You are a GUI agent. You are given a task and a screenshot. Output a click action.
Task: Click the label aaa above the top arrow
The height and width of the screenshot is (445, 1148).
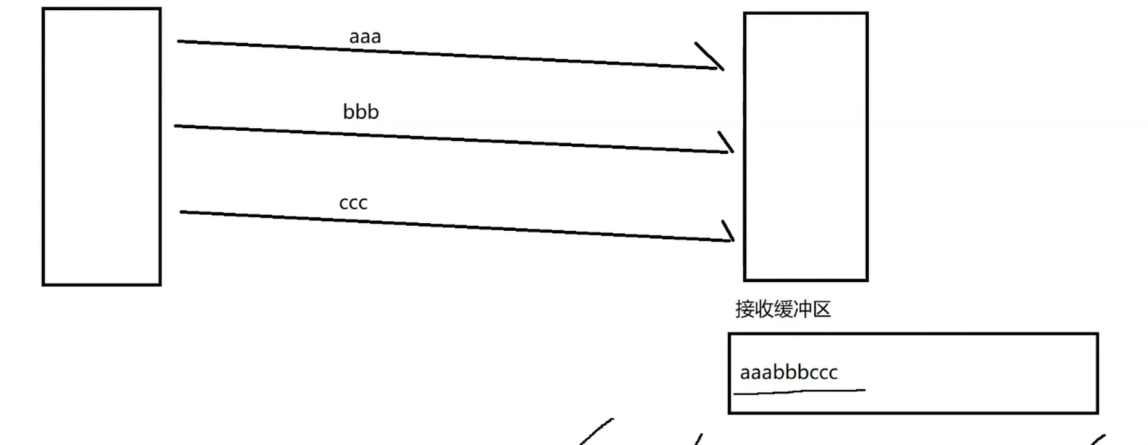[364, 37]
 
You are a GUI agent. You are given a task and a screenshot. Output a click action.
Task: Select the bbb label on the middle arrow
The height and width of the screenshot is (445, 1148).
[361, 112]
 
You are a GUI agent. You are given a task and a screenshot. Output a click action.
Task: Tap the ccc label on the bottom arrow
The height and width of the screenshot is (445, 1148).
[353, 203]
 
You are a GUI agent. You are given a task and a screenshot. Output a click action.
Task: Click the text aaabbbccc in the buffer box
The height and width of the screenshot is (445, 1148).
[789, 373]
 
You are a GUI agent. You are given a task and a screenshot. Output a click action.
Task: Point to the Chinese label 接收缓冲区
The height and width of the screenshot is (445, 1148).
[783, 310]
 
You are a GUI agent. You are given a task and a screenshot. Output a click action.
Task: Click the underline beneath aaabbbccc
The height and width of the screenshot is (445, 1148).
[799, 391]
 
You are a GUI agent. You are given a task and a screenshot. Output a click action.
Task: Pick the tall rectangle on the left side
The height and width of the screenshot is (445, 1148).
[101, 147]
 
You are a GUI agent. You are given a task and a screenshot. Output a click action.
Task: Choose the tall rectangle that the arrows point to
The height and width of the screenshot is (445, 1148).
[806, 147]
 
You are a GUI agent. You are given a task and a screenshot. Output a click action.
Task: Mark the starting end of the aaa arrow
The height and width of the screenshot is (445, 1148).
[179, 42]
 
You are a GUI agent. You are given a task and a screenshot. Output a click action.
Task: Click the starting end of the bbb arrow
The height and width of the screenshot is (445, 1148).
[176, 126]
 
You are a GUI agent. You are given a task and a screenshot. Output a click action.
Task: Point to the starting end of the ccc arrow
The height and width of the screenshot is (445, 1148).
[182, 212]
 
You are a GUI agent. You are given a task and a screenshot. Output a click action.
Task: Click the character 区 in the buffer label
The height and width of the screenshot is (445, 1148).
[822, 310]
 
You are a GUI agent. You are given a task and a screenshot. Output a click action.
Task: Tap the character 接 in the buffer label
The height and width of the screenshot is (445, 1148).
[744, 310]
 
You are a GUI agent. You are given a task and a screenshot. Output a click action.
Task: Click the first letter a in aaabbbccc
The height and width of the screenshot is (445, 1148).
[745, 373]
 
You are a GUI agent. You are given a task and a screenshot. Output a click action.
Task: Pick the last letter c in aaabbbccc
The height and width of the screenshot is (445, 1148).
[833, 373]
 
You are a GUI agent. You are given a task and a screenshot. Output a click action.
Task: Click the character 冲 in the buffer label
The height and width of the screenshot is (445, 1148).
[803, 310]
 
